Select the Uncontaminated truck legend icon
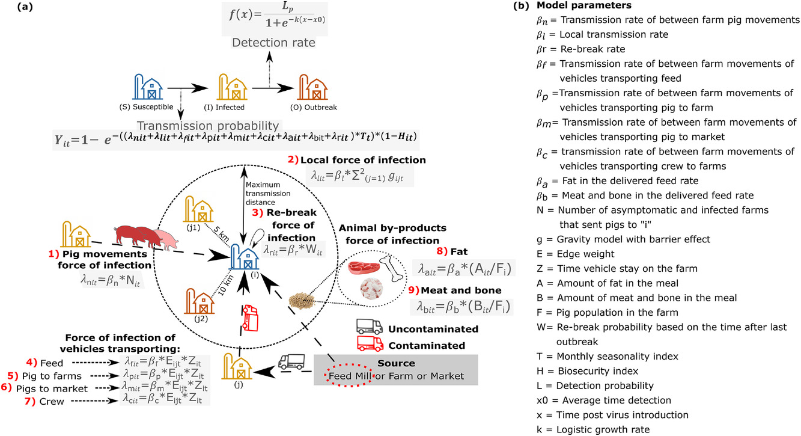point(369,327)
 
